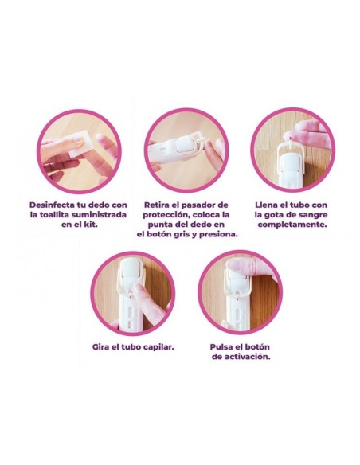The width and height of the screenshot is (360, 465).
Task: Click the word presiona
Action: point(215,235)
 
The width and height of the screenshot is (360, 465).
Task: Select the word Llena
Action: point(268,203)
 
